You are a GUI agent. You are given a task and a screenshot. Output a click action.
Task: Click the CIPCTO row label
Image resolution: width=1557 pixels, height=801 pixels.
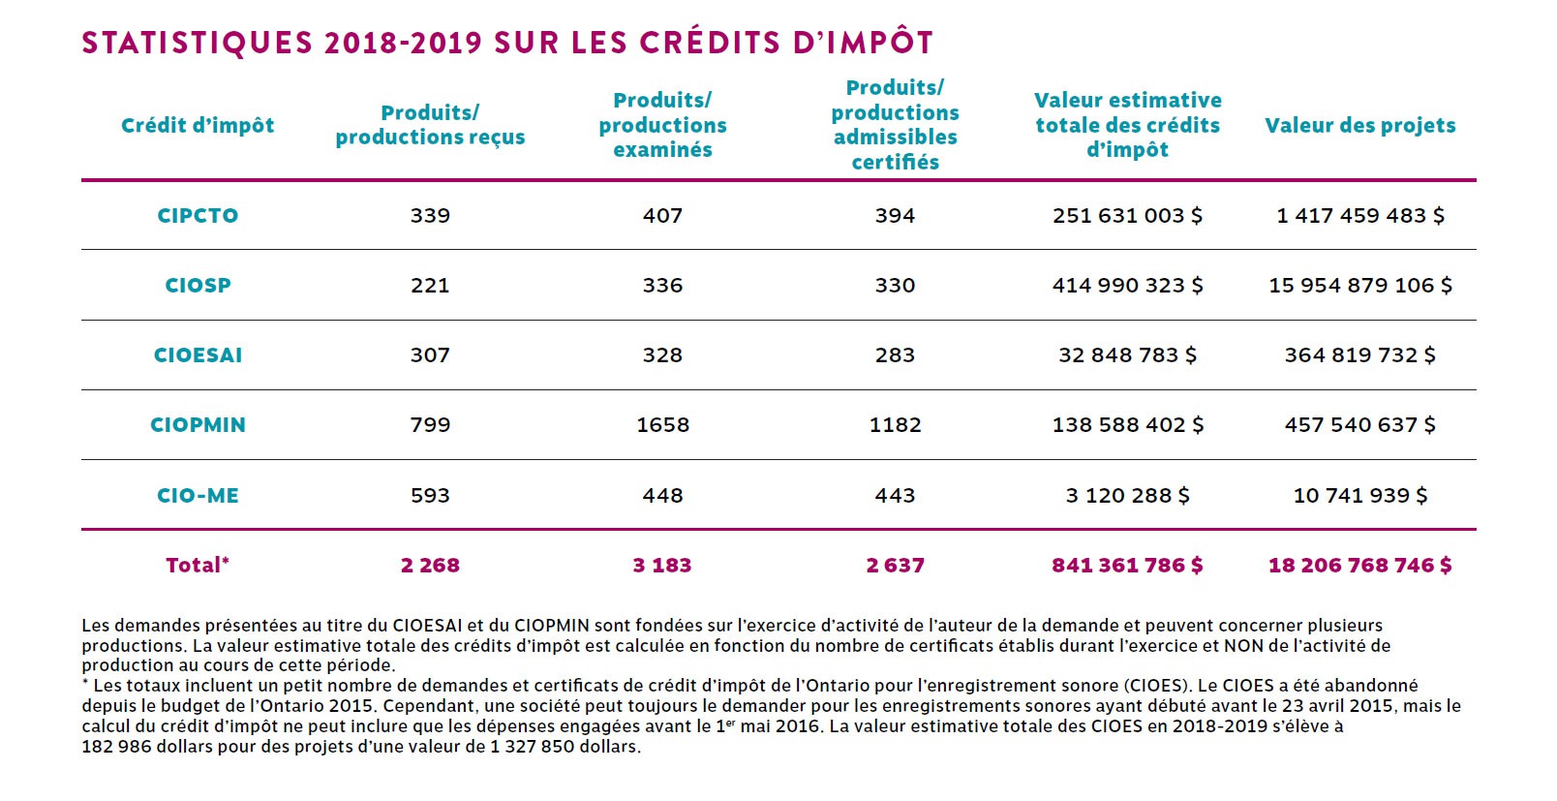pos(198,216)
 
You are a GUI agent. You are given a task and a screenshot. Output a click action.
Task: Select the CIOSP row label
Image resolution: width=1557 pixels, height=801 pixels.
pos(198,285)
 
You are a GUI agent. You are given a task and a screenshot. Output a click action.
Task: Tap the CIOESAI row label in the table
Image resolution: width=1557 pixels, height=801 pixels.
pos(198,355)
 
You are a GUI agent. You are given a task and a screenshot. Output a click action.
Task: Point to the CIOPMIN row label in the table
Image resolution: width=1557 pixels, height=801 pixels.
pos(198,425)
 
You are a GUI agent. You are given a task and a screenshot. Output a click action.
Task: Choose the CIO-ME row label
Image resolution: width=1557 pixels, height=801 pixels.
pos(198,495)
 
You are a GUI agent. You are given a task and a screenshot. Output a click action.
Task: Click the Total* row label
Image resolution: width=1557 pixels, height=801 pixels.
pos(198,565)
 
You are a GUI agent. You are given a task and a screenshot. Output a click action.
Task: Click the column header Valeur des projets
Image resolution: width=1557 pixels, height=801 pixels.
pos(1359,125)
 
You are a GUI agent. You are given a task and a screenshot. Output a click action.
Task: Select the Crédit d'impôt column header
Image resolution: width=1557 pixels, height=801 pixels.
pos(198,125)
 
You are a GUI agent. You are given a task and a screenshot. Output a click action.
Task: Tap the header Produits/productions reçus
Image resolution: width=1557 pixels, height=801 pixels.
pos(430,125)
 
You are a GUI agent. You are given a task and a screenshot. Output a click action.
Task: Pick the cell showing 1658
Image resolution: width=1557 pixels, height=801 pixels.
pos(662,425)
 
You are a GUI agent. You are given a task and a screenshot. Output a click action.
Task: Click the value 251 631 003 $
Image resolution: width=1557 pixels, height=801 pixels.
pos(1127,216)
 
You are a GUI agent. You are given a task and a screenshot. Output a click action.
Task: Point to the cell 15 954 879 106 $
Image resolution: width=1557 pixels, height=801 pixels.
pos(1359,285)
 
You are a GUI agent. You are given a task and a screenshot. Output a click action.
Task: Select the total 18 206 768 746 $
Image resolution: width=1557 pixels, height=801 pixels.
pos(1359,565)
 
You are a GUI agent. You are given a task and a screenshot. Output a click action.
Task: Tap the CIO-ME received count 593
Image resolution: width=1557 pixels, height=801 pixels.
pos(430,495)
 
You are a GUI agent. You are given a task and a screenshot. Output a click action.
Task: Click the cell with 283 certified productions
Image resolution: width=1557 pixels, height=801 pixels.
pos(895,355)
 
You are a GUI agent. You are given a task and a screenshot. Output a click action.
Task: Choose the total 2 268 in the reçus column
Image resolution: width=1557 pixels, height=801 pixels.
pos(430,565)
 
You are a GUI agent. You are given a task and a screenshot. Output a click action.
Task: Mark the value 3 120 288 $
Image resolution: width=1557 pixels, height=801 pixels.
pos(1127,495)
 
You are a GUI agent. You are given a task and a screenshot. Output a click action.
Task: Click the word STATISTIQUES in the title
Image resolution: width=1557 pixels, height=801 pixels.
pos(198,43)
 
